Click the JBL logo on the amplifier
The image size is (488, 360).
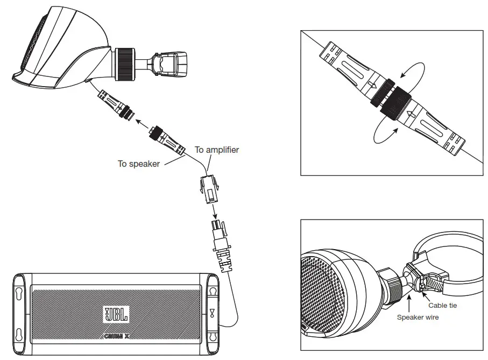(x=116, y=314)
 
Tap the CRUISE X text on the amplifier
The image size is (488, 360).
(x=116, y=337)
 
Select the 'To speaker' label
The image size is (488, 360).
(x=139, y=164)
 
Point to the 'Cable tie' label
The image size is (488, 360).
(x=442, y=305)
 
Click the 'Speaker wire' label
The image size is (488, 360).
(x=418, y=317)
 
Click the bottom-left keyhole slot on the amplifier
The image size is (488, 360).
(x=19, y=334)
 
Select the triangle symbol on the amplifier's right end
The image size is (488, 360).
(x=213, y=312)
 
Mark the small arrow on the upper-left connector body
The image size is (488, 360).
(x=372, y=84)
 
